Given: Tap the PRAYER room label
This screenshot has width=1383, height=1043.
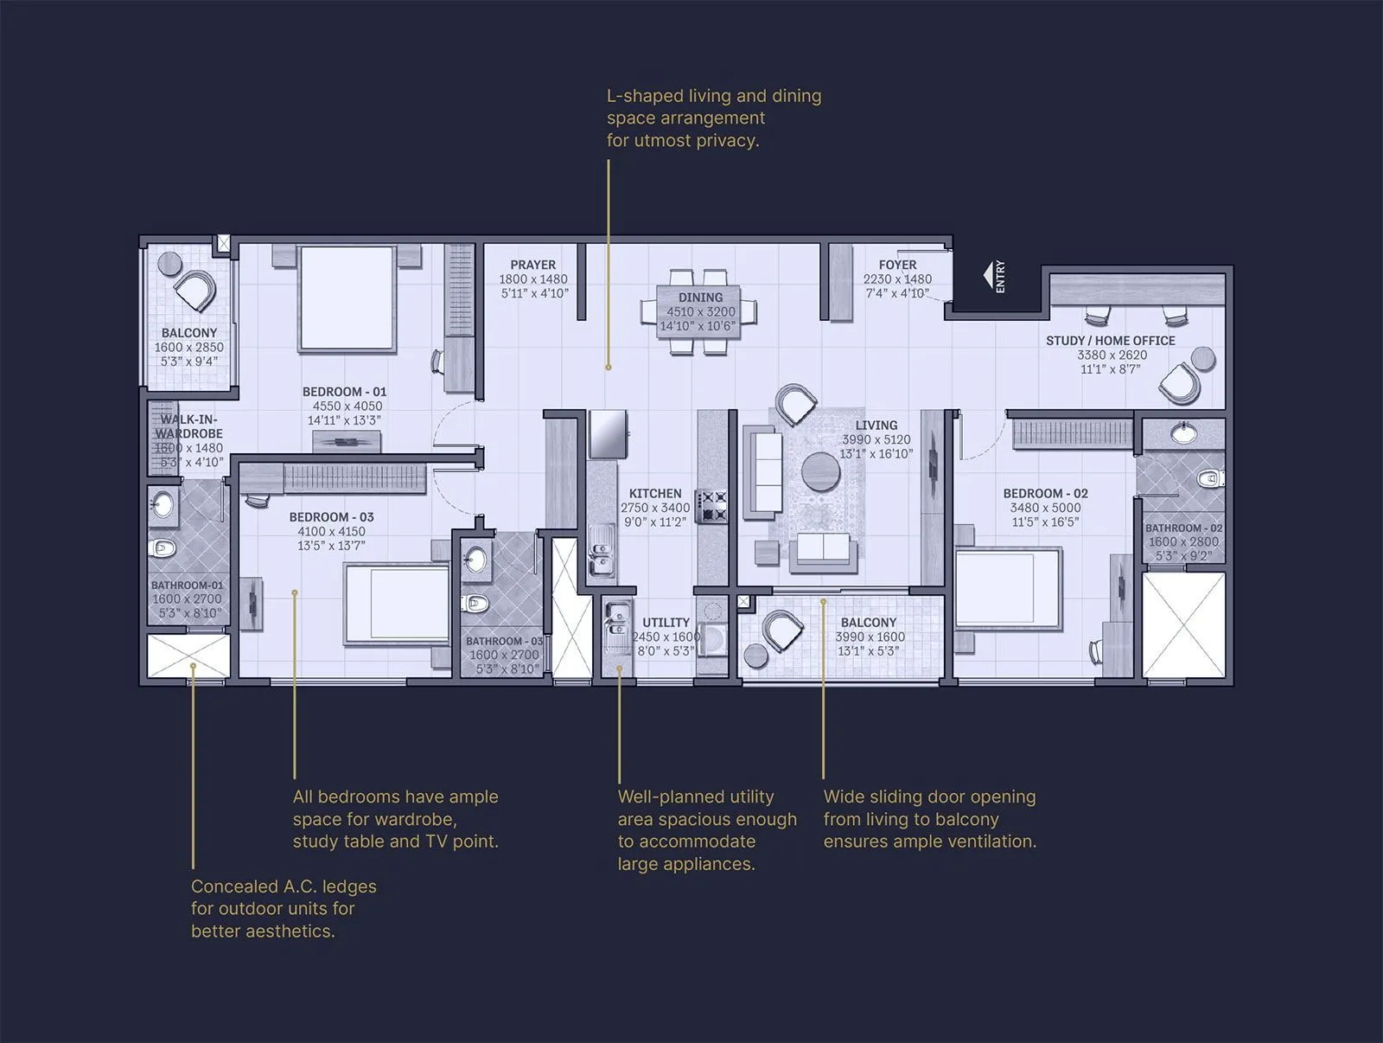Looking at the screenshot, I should coord(532,265).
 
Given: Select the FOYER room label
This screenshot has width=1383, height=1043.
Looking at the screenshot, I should coord(897,265).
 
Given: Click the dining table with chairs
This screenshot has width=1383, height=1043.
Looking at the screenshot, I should coord(699,311).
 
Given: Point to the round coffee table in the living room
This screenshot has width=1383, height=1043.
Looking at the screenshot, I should coord(820,472).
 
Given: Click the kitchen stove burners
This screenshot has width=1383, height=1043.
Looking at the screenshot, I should coord(714,507).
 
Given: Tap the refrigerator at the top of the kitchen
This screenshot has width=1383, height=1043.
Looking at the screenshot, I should coord(608,433).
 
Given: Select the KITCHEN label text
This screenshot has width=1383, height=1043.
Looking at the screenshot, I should coord(655,493).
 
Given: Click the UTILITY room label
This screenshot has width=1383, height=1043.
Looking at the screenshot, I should coord(666,623).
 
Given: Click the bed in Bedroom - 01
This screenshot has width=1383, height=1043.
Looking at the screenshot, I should coord(347,298).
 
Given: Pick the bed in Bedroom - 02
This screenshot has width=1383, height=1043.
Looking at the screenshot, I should coord(1008,589).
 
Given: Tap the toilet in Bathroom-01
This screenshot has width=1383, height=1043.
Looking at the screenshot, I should coord(163,547).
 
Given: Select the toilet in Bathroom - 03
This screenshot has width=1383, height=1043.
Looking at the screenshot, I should coord(475,602).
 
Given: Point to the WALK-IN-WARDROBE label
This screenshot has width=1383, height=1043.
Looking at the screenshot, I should coord(188,426).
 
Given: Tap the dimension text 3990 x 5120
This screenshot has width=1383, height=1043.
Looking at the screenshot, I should coord(876,439).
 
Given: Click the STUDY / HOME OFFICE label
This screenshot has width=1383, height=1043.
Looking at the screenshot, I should coord(1110,341).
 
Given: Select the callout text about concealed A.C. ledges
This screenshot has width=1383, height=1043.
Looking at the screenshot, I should coord(283,908).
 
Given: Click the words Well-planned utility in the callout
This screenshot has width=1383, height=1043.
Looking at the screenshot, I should coord(695,797).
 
